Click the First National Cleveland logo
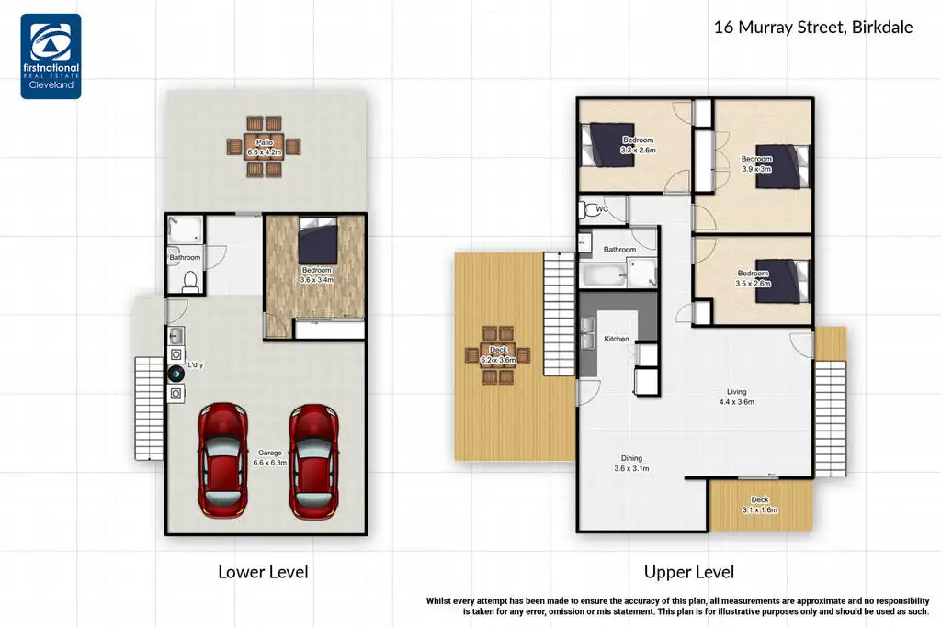(x=51, y=56)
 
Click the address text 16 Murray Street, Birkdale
(x=813, y=27)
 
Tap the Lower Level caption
(x=263, y=572)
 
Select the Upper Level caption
(x=689, y=572)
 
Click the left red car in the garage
(x=223, y=460)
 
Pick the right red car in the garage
(x=314, y=460)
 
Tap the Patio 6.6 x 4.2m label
(x=264, y=148)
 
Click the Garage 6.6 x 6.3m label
(x=270, y=458)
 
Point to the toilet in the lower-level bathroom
(x=190, y=282)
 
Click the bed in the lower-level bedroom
(x=318, y=241)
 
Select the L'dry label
(x=195, y=364)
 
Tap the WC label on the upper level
(x=602, y=209)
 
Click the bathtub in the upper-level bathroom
(x=603, y=277)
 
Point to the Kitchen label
(x=617, y=340)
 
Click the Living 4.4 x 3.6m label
(x=736, y=397)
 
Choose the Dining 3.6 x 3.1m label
(x=631, y=464)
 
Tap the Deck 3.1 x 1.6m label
(x=760, y=505)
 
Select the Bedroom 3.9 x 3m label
(x=756, y=163)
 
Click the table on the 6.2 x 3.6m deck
(x=498, y=355)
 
